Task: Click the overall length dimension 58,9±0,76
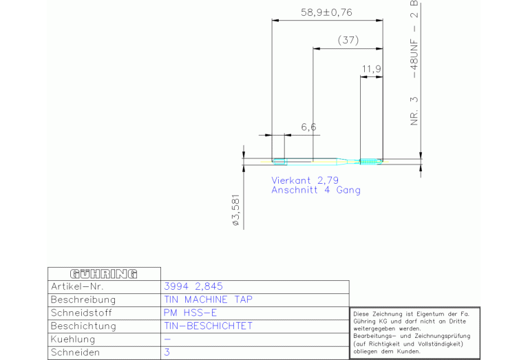326,12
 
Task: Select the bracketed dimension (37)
348,40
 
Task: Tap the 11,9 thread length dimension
372,69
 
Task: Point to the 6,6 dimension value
308,127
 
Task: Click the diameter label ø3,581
236,209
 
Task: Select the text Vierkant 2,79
305,180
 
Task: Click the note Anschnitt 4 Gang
316,190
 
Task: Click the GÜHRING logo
104,274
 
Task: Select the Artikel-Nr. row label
77,286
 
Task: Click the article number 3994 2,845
193,286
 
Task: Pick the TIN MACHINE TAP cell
208,299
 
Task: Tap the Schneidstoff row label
81,313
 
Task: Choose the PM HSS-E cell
190,313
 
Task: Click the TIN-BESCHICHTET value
208,326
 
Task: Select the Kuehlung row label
73,339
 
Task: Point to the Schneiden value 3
167,352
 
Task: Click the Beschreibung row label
83,299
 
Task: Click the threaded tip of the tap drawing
371,162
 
